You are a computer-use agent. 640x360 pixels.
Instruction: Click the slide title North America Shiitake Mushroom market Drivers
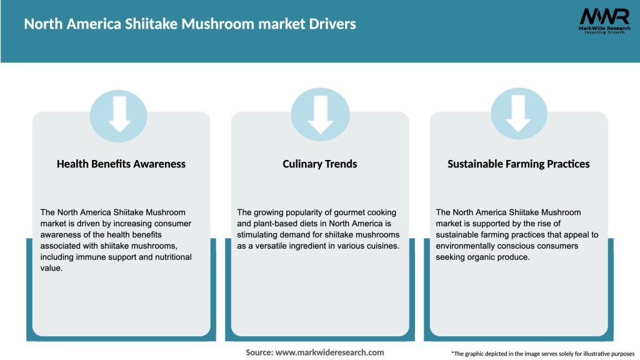coord(189,24)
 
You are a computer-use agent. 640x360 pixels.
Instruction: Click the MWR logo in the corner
coord(595,16)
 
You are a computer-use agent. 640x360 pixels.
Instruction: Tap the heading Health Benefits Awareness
coord(121,164)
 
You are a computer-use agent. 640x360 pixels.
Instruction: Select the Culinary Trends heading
coord(320,164)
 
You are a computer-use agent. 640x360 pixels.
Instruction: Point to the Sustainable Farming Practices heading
coord(519,164)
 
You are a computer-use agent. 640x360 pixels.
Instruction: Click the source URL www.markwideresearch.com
coord(329,352)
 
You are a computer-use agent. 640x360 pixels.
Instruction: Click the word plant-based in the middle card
coord(264,224)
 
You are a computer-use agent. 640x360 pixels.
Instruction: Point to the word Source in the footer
coord(259,352)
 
